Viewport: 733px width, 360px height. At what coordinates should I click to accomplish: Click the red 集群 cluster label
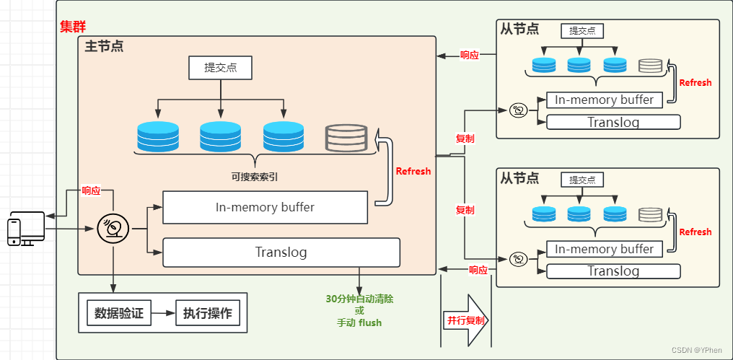point(72,27)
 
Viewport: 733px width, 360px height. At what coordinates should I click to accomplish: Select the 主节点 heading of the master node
point(104,47)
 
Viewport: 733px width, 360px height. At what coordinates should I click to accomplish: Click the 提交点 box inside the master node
point(220,68)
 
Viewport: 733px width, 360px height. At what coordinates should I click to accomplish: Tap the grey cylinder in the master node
point(346,137)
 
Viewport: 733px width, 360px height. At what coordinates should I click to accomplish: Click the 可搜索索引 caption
point(254,176)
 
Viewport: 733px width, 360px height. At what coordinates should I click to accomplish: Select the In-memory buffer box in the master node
point(265,208)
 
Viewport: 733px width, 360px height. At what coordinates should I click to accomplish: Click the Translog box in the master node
point(281,253)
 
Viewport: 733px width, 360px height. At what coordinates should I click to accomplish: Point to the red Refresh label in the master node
point(413,171)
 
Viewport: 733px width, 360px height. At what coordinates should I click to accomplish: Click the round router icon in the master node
point(113,229)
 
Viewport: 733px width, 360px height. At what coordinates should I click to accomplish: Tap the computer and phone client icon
point(26,229)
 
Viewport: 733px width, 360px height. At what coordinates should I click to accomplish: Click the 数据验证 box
point(119,313)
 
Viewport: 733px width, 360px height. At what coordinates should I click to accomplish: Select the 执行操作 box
point(207,313)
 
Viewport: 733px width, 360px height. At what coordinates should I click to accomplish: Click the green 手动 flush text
point(359,322)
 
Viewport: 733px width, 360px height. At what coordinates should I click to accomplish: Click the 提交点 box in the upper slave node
point(581,30)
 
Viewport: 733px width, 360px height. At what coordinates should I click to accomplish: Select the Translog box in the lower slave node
point(613,271)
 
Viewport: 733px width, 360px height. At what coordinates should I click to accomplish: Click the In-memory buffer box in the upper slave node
point(605,100)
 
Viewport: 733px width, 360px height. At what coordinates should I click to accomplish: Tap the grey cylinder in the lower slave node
point(650,214)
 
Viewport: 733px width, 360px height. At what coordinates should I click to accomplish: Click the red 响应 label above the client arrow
point(91,191)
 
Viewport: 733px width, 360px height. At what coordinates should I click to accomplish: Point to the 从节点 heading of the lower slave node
point(519,177)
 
